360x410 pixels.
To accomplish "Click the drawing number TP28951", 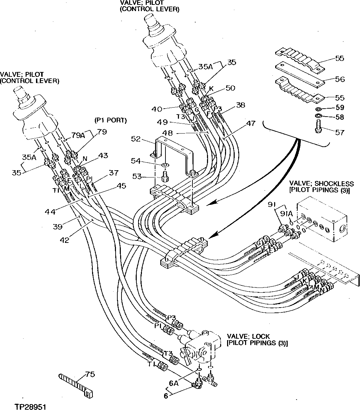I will (30, 404).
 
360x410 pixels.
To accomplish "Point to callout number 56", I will (340, 79).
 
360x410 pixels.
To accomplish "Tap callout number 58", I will (340, 117).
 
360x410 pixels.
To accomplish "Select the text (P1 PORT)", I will (110, 120).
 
